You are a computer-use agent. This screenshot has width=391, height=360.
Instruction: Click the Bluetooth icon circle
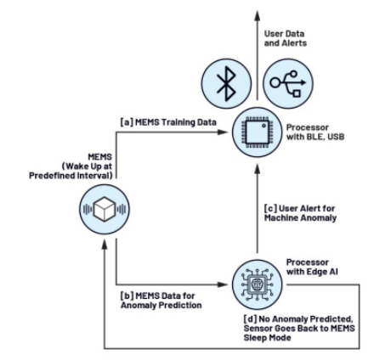pyautogui.click(x=226, y=84)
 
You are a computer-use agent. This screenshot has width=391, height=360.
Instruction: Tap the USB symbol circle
pyautogui.click(x=288, y=84)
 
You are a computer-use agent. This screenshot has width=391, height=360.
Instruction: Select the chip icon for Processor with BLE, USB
pyautogui.click(x=258, y=132)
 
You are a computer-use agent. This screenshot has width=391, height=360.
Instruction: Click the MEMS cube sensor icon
pyautogui.click(x=105, y=209)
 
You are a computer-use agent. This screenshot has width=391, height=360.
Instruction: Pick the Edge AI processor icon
pyautogui.click(x=258, y=284)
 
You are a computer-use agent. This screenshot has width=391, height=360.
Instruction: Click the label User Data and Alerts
pyautogui.click(x=286, y=38)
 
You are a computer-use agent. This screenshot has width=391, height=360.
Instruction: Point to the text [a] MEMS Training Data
pyautogui.click(x=168, y=122)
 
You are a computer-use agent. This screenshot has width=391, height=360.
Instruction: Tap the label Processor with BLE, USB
pyautogui.click(x=315, y=132)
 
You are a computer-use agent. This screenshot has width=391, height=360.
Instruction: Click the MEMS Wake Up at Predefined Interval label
pyautogui.click(x=71, y=166)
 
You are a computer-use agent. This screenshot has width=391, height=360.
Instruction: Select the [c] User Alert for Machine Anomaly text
pyautogui.click(x=300, y=213)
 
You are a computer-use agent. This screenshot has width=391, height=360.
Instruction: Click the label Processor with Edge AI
pyautogui.click(x=312, y=267)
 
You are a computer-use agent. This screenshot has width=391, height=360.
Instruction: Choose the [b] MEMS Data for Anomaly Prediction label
pyautogui.click(x=161, y=301)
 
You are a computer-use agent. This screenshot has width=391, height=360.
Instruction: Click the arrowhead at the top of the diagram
pyautogui.click(x=258, y=15)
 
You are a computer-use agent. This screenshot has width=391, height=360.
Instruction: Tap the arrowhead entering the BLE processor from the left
pyautogui.click(x=223, y=132)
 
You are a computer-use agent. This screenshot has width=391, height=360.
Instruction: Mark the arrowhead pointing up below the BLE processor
pyautogui.click(x=258, y=169)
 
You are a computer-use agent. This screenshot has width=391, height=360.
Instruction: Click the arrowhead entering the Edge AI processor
pyautogui.click(x=223, y=284)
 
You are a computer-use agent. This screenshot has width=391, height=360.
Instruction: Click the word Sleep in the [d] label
pyautogui.click(x=255, y=338)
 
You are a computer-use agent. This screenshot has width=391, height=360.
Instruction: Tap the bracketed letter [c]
pyautogui.click(x=270, y=209)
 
